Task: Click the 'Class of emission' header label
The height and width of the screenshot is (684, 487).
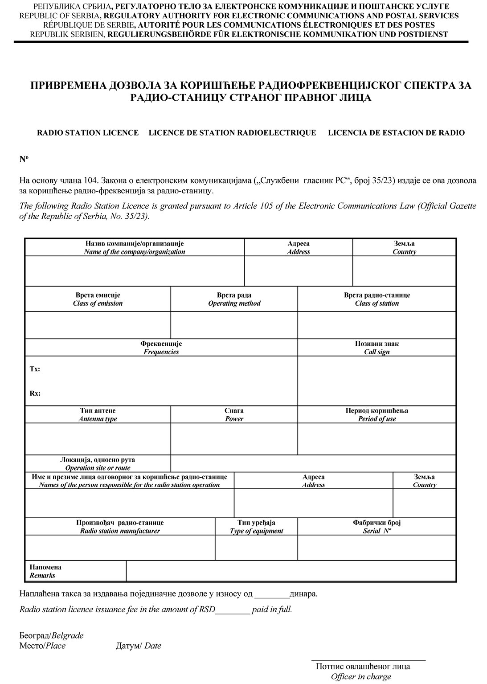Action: (x=98, y=303)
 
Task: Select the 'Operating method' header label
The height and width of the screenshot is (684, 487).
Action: (x=234, y=303)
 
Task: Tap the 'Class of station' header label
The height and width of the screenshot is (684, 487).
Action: (x=377, y=303)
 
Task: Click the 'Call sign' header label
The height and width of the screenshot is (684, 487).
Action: (x=377, y=352)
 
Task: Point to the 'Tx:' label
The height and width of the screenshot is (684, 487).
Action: (x=35, y=369)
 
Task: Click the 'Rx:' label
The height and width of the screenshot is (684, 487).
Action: (x=35, y=393)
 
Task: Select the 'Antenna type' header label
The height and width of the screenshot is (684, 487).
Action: (x=98, y=419)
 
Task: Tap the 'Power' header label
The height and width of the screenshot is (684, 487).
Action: (x=234, y=419)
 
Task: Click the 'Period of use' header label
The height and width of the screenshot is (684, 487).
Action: (x=377, y=419)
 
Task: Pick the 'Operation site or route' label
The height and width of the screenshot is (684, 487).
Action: (x=98, y=468)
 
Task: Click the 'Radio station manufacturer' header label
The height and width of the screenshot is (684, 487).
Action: (x=120, y=531)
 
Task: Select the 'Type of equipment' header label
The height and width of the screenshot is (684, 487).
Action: (x=256, y=531)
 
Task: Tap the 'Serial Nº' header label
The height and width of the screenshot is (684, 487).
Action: (x=377, y=531)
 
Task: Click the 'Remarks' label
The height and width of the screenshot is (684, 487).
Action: (x=42, y=575)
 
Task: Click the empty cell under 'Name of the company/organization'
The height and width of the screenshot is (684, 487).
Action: (x=135, y=271)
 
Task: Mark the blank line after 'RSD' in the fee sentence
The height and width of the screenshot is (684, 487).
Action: (x=233, y=610)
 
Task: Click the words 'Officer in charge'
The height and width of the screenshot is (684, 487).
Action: (x=361, y=676)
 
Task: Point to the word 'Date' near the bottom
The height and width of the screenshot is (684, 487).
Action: (x=153, y=646)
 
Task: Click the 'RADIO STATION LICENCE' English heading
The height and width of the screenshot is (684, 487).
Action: (x=88, y=133)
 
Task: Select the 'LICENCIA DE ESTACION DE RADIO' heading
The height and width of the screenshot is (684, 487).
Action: (x=396, y=133)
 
